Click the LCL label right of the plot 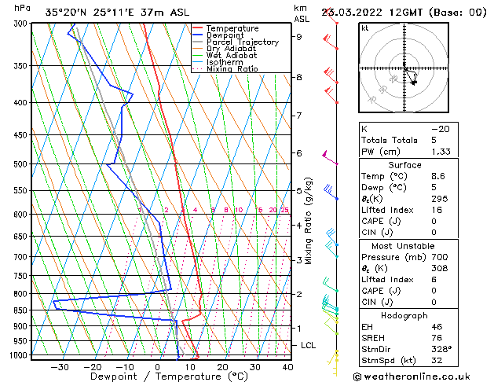pos(308,345)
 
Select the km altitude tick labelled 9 pos(298,36)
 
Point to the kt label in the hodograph pos(365,28)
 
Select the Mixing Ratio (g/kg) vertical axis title pos(309,221)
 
